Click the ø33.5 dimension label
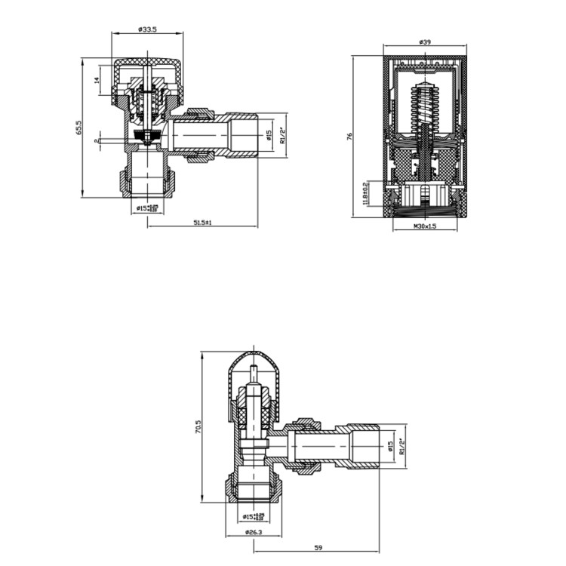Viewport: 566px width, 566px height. (147, 29)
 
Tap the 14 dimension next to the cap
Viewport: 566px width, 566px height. (97, 80)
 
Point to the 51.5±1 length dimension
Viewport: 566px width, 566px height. (202, 223)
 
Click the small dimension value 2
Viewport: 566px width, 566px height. (97, 140)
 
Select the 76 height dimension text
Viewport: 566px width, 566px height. (349, 137)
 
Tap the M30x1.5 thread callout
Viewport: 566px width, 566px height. (426, 226)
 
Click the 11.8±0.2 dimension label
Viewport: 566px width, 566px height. (366, 193)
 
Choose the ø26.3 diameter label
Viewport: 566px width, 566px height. (254, 534)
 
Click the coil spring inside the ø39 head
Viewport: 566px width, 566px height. (426, 106)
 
